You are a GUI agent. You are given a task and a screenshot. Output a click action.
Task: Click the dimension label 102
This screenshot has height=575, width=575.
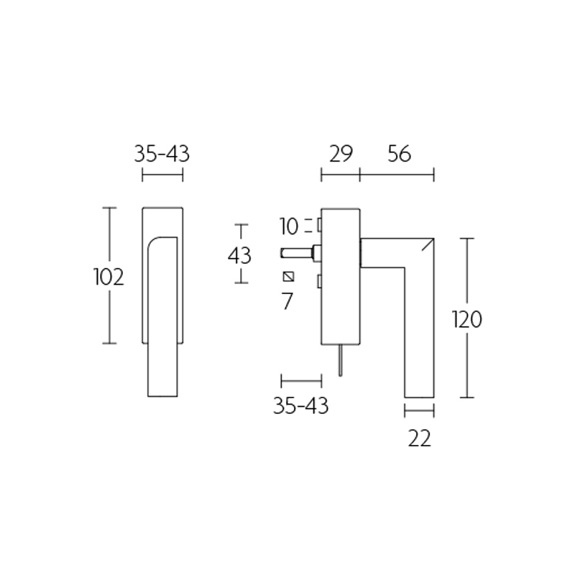(x=109, y=277)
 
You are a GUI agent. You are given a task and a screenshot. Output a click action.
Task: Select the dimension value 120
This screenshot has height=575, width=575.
(x=466, y=319)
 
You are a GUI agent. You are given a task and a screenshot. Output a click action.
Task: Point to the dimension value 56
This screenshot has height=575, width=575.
(x=398, y=154)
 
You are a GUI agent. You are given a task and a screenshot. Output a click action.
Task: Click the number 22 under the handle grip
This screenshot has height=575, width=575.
(x=419, y=438)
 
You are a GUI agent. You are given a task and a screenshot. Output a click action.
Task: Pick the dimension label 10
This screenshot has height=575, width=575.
(x=289, y=227)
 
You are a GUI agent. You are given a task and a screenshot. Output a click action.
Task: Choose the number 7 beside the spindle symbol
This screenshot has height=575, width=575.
(x=287, y=301)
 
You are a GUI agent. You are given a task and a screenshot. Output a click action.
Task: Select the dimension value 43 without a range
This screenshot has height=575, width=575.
(x=239, y=255)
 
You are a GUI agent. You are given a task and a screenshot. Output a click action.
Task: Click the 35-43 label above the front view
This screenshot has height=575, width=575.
(x=162, y=154)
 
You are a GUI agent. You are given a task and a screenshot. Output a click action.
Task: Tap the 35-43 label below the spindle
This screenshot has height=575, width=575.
(x=300, y=406)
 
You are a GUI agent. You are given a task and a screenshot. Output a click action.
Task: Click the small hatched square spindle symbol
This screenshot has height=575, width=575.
(x=289, y=277)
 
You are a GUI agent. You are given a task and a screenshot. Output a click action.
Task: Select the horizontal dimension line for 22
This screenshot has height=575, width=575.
(x=419, y=412)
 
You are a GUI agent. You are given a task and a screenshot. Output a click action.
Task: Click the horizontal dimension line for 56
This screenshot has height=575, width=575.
(x=397, y=175)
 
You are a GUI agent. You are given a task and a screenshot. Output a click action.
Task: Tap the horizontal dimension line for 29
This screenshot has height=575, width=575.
(x=340, y=175)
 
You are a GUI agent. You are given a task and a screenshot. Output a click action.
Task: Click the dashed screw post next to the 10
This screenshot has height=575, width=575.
(x=317, y=226)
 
